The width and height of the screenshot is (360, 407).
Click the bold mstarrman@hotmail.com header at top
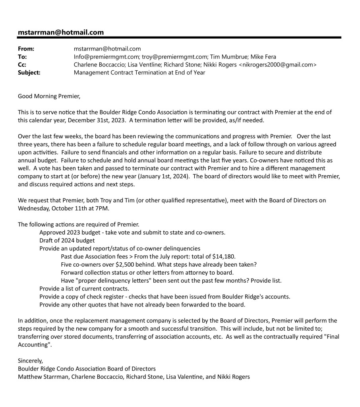tap(61, 32)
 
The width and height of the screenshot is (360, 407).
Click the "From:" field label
tap(26, 49)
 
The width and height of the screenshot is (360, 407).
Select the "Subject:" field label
tap(29, 73)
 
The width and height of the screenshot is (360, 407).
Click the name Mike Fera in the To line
tap(263, 57)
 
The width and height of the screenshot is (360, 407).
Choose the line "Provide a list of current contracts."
tap(84, 289)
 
